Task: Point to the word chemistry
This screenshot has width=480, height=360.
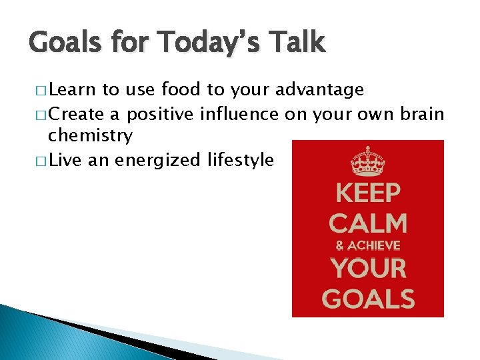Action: click(90, 136)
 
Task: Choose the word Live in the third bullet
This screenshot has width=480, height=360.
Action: click(64, 160)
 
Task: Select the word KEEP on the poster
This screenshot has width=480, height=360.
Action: click(368, 193)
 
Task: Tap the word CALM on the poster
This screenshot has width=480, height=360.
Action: click(368, 223)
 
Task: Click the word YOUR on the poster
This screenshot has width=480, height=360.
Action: click(368, 269)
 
